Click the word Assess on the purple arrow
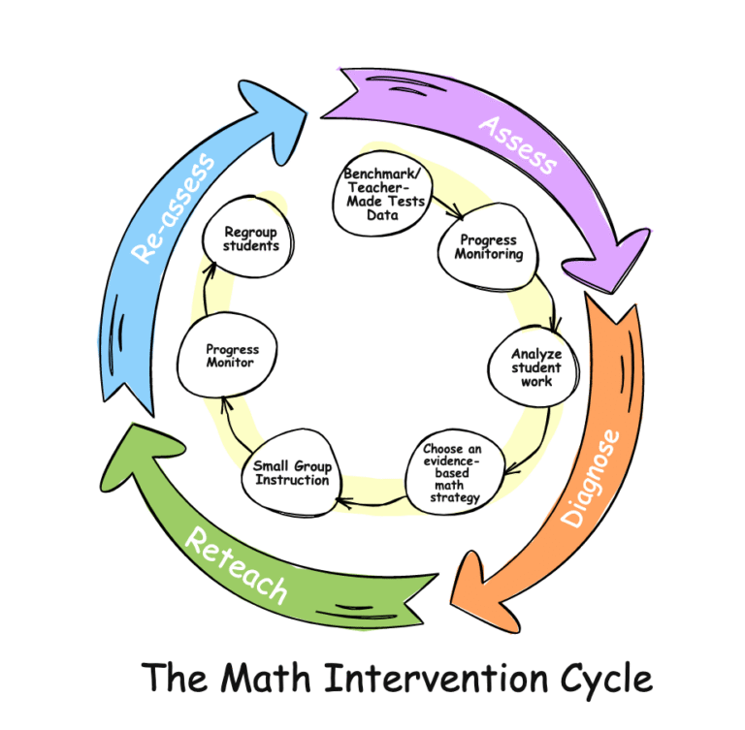point(518,144)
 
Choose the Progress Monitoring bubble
point(489,247)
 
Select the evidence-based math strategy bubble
point(451,474)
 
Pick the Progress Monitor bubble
point(232,356)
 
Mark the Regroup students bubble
point(251,238)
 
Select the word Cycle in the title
point(604,677)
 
